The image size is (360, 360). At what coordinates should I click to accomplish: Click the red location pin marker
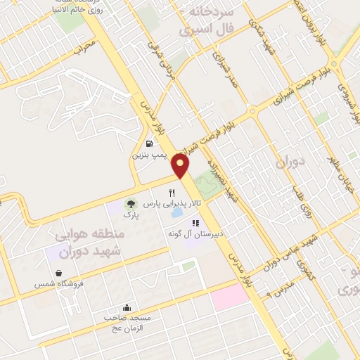(x=181, y=167)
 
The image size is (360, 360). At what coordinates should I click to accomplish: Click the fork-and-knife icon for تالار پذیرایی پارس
(x=172, y=193)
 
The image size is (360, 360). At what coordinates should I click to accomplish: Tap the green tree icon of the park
(x=129, y=205)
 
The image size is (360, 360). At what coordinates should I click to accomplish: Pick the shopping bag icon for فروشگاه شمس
(x=58, y=274)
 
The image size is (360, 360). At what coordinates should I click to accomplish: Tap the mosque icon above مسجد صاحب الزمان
(x=126, y=307)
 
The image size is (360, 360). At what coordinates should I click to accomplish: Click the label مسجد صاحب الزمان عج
(x=126, y=323)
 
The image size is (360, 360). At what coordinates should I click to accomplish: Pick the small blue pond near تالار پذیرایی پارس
(x=176, y=212)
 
